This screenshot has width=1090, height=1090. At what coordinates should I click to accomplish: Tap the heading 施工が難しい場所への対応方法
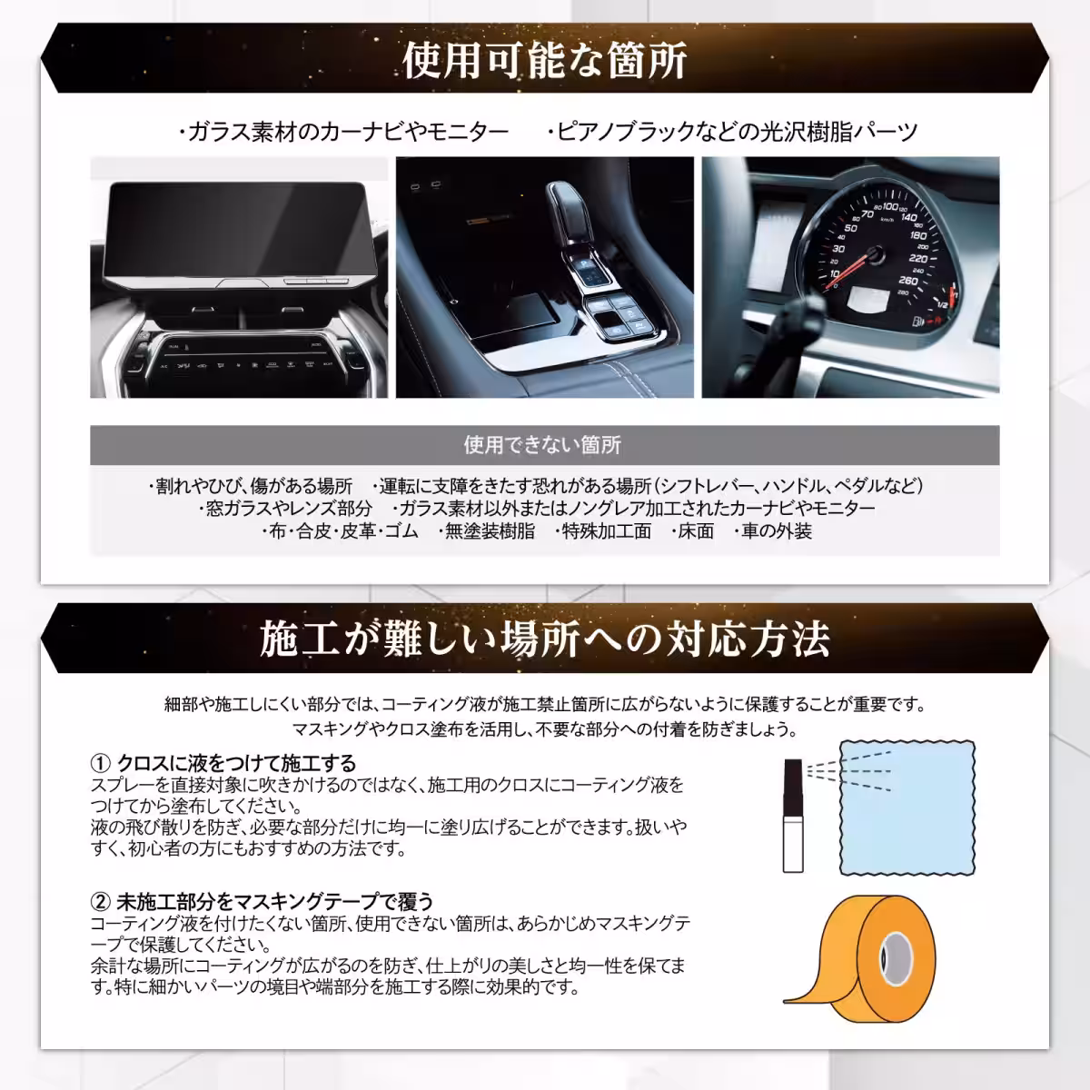545,639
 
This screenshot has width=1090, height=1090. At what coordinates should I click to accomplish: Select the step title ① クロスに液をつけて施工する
223,763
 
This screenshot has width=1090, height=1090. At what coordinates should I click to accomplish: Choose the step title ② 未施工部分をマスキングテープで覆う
263,902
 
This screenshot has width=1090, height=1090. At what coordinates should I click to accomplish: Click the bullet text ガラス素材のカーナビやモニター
347,133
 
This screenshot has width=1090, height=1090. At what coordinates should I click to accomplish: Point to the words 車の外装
777,532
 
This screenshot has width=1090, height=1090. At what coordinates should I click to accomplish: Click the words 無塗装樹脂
490,532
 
